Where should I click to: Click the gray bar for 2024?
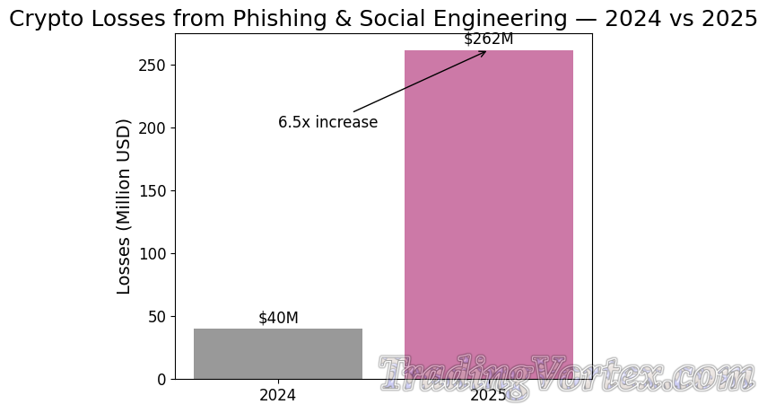pyautogui.click(x=278, y=354)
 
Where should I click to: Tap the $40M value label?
pyautogui.click(x=278, y=318)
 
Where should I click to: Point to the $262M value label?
pyautogui.click(x=489, y=39)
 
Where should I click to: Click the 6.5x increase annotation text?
pyautogui.click(x=327, y=122)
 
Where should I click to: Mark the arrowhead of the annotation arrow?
pyautogui.click(x=485, y=52)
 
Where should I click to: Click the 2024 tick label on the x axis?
pyautogui.click(x=278, y=395)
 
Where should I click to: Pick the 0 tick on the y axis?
pyautogui.click(x=161, y=379)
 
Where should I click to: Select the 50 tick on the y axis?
pyautogui.click(x=157, y=316)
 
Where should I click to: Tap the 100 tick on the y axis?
pyautogui.click(x=153, y=253)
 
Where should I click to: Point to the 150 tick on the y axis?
pyautogui.click(x=153, y=190)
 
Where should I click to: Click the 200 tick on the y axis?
pyautogui.click(x=153, y=127)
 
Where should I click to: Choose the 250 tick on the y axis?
pyautogui.click(x=153, y=66)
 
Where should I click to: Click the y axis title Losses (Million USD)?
pyautogui.click(x=125, y=206)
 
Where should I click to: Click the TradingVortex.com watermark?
pyautogui.click(x=565, y=373)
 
